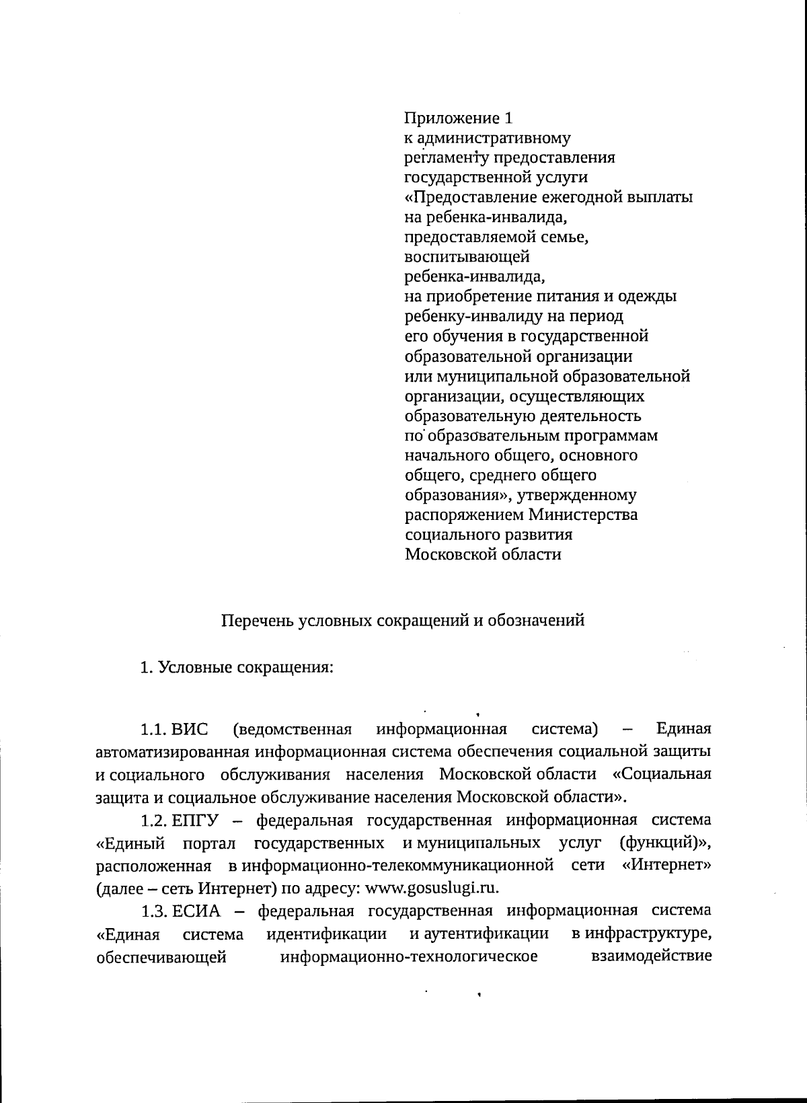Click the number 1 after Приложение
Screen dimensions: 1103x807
click(x=508, y=118)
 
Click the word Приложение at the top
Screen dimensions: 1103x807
click(x=451, y=119)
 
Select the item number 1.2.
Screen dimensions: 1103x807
click(x=153, y=821)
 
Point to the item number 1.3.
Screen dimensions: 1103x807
click(x=153, y=911)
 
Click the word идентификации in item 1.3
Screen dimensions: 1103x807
click(x=326, y=934)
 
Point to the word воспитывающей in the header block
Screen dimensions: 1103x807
click(x=467, y=257)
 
